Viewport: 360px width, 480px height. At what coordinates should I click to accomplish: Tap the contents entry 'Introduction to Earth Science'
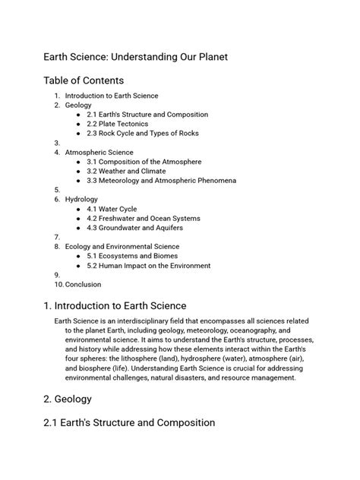[112, 96]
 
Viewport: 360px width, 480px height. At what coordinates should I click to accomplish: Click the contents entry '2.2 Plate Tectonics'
[117, 124]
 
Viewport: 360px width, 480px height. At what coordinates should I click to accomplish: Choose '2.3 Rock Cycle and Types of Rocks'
[143, 133]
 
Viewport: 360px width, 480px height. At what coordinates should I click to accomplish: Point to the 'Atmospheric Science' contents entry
[99, 152]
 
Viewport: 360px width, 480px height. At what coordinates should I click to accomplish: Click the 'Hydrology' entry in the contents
[81, 199]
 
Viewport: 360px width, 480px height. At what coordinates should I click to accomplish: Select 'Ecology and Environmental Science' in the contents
[122, 247]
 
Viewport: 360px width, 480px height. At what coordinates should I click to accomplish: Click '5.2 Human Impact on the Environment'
[147, 266]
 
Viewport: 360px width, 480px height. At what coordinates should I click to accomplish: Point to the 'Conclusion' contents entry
[83, 285]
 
